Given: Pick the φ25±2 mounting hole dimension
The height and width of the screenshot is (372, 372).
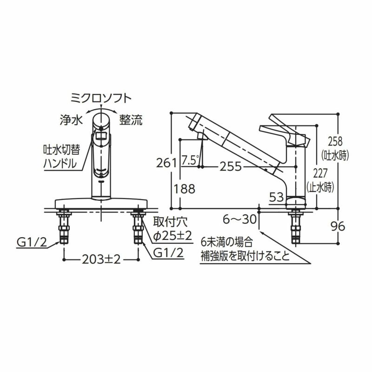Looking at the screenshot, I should click(x=173, y=236).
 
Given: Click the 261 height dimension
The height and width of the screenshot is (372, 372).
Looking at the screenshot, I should click(x=165, y=163).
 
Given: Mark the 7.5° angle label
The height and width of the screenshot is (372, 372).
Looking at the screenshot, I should click(x=190, y=160).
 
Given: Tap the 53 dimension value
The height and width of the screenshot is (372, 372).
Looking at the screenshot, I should click(x=276, y=197).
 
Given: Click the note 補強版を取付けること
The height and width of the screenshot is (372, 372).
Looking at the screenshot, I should click(x=245, y=256).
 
